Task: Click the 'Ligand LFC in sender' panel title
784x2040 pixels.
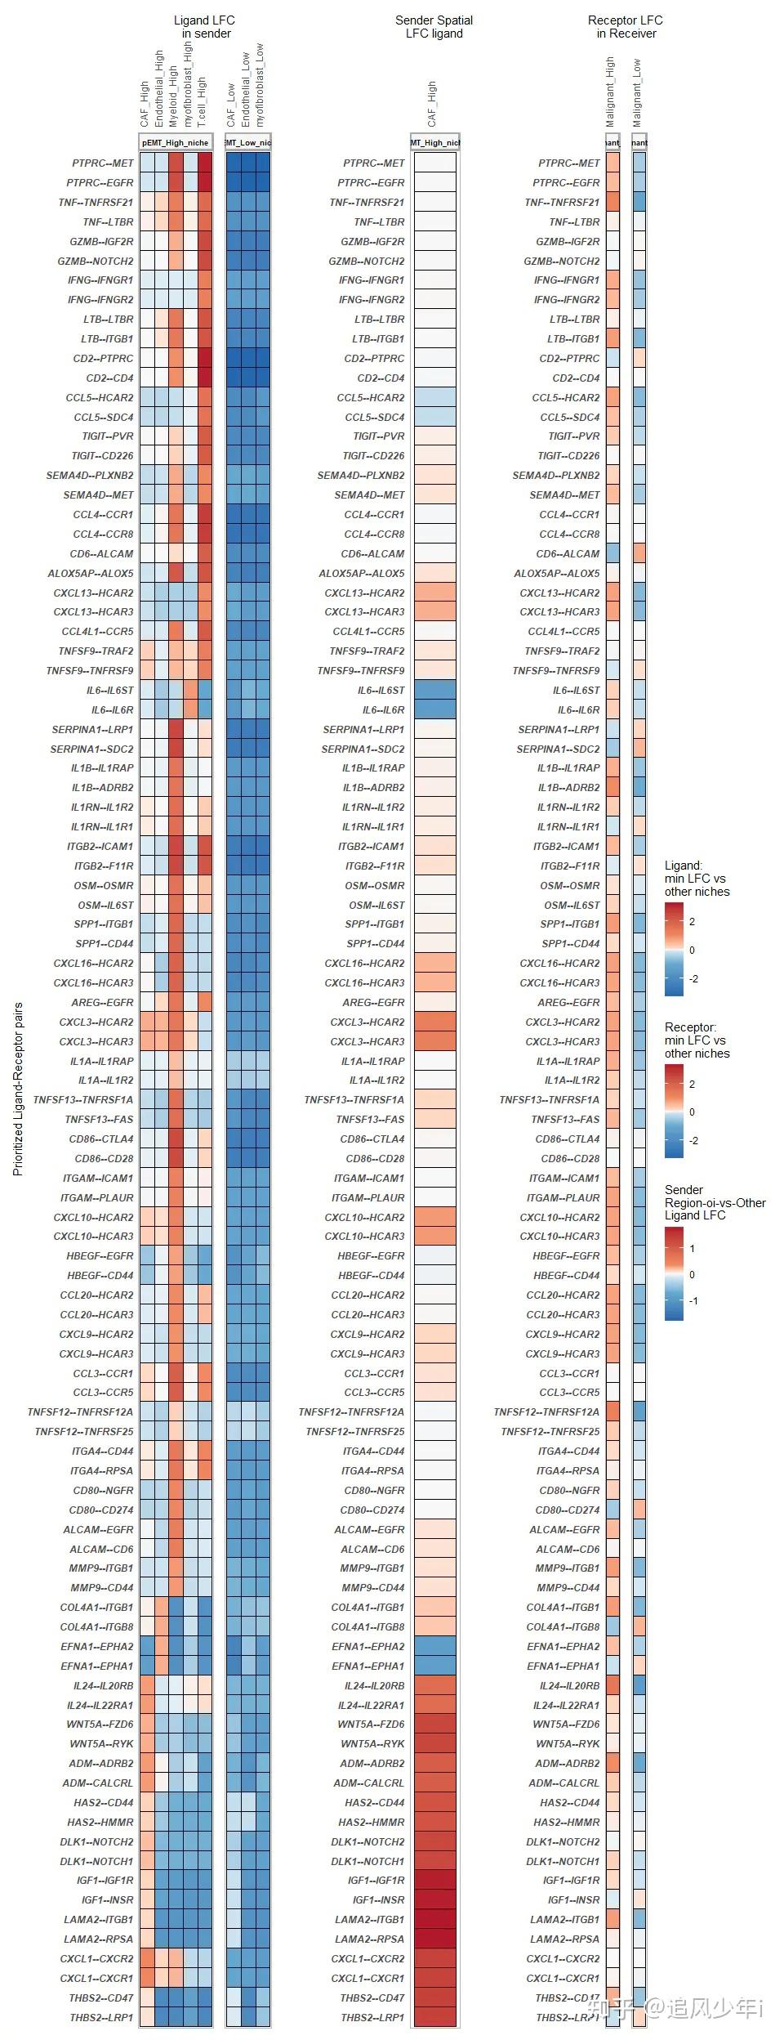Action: click(204, 27)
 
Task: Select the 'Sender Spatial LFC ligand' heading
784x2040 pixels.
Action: click(434, 27)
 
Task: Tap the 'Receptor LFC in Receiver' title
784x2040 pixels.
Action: click(626, 27)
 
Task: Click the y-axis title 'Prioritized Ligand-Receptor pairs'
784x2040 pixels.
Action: click(18, 1088)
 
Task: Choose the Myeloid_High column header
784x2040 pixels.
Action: click(174, 96)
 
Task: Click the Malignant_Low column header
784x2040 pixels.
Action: click(638, 92)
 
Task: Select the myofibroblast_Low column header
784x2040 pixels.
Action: click(261, 85)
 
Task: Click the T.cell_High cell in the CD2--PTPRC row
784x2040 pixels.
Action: click(204, 358)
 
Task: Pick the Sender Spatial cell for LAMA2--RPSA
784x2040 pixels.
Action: click(434, 1939)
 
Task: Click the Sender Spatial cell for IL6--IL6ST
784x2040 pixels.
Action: click(434, 690)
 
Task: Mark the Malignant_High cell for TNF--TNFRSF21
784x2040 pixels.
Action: click(612, 202)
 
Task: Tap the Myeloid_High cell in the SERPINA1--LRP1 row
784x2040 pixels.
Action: click(175, 729)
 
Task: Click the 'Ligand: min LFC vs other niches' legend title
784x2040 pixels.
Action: click(697, 878)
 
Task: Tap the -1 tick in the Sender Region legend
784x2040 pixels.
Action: click(693, 1300)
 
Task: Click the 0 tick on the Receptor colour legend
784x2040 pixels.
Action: click(693, 1112)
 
